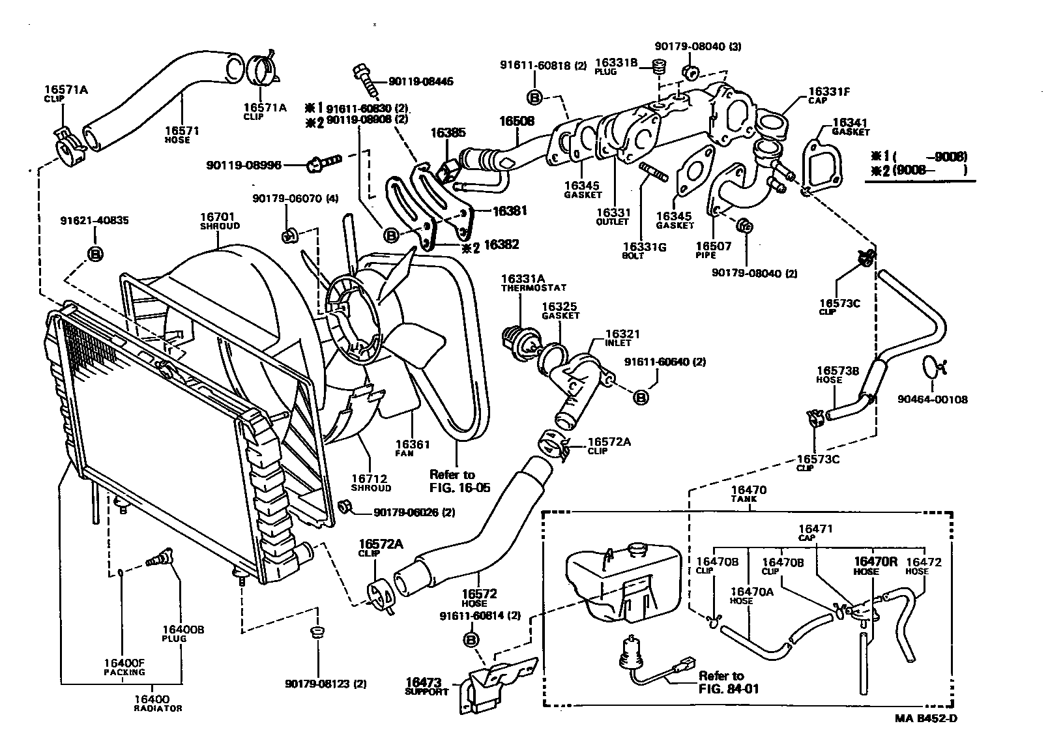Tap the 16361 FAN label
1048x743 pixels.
pos(412,448)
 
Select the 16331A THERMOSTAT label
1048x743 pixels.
pos(533,282)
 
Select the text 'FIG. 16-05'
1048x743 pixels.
pos(460,488)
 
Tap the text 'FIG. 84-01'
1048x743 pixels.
pos(729,688)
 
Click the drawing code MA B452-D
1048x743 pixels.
pos(925,719)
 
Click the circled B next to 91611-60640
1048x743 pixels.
pos(641,396)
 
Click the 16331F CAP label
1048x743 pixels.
pos(828,96)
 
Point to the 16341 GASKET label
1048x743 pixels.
pos(851,126)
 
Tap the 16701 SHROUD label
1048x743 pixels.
pos(220,220)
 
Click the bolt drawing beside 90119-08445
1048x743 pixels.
pos(364,80)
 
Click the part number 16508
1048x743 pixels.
pos(517,121)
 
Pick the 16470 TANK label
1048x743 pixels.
pos(748,493)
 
